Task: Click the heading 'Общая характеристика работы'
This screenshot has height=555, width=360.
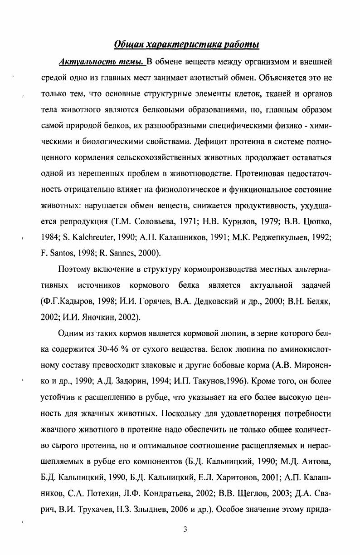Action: [x=186, y=44]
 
